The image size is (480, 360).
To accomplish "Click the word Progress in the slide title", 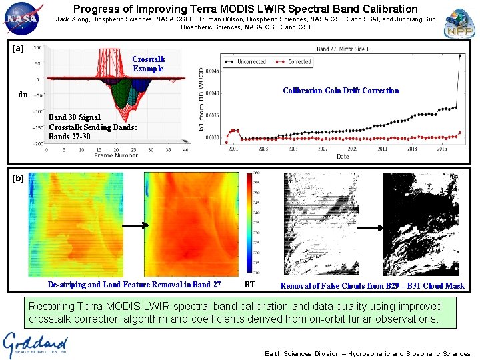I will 97,9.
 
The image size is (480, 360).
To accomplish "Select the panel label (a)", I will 18,49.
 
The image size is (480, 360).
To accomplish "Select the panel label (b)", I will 18,178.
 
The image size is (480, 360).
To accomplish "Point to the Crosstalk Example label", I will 149,64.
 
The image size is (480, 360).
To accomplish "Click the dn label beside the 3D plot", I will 23,95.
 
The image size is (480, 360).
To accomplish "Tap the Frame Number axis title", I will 116,155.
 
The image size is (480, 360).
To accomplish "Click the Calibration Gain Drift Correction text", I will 341,91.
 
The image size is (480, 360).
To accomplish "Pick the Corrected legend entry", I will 294,62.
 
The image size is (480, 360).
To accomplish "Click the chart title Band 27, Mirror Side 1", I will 343,49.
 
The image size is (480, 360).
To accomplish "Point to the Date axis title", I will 342,156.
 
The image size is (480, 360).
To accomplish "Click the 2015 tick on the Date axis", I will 442,149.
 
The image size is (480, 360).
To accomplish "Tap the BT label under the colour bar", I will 249,285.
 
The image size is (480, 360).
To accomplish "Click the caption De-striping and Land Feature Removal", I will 134,285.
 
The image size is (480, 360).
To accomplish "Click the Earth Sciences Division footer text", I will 367,353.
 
